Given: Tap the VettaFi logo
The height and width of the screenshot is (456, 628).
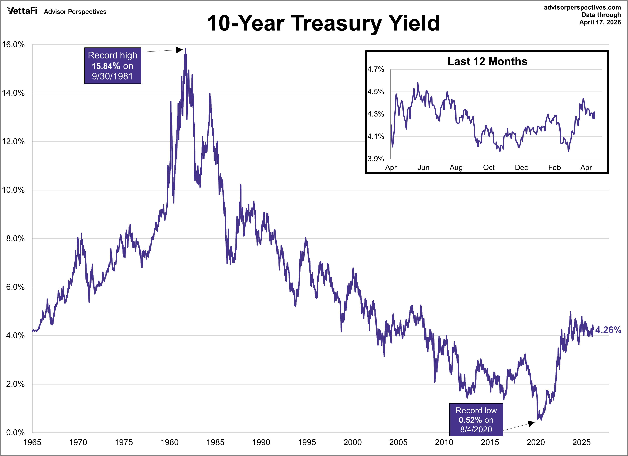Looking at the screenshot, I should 22,11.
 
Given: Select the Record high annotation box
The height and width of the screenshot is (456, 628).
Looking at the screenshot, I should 113,65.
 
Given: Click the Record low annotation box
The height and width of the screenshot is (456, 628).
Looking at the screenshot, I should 476,420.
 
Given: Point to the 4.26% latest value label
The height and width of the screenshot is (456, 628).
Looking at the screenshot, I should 608,330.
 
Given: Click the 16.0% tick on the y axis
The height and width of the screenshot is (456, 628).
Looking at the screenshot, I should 13,44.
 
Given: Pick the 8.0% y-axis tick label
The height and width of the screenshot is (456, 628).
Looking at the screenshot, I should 15,238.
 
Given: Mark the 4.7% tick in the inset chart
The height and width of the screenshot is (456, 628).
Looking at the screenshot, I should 376,69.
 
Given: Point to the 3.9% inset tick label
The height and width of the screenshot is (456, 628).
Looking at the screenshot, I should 376,159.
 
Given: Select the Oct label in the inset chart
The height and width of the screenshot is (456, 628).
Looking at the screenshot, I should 489,168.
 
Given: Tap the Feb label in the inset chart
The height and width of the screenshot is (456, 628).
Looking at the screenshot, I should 554,168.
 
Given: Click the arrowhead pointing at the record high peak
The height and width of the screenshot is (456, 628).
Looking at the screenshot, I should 180,50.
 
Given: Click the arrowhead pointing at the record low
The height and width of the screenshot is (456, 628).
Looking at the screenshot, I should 531,423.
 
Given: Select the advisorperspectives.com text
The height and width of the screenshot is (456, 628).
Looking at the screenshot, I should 582,7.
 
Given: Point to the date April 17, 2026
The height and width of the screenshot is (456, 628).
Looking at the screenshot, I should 600,22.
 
